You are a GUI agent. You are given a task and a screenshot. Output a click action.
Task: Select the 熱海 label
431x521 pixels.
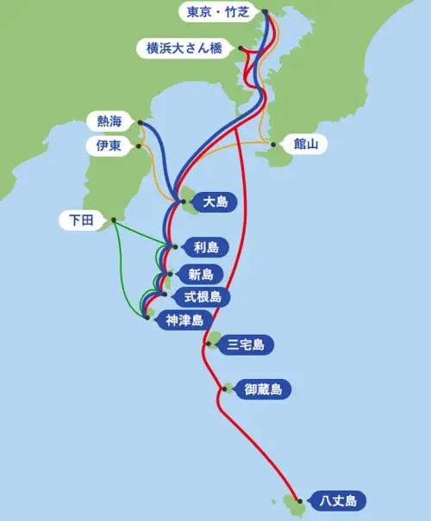tap(109, 121)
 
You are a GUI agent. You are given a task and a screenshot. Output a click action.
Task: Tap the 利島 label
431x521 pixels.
tap(205, 248)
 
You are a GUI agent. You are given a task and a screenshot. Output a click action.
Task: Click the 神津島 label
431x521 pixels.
tap(184, 320)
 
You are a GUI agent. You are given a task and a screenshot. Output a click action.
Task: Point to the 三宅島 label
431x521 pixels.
tap(246, 345)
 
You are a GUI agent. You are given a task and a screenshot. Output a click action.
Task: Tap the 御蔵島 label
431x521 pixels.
tap(262, 390)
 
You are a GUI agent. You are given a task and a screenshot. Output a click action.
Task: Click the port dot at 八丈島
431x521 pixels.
tap(299, 499)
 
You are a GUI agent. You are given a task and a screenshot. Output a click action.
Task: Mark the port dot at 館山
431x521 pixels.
tap(272, 143)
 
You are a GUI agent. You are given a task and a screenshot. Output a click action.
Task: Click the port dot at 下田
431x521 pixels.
tap(113, 220)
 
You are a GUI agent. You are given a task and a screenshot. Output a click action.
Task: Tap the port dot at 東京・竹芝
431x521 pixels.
tap(265, 12)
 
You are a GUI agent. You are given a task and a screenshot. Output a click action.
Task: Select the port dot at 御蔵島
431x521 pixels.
tap(225, 389)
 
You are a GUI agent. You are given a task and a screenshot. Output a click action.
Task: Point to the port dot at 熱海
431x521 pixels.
tap(141, 121)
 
